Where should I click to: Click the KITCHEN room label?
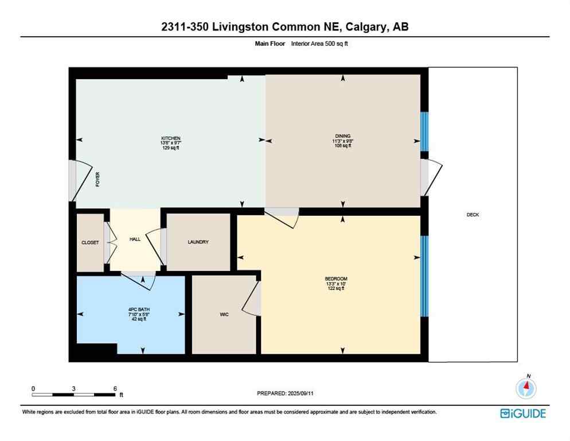(x=171, y=138)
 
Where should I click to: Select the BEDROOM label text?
(x=335, y=279)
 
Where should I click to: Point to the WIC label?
(x=224, y=314)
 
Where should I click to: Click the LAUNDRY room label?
(x=198, y=242)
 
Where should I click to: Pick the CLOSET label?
(x=90, y=242)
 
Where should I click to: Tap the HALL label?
(x=135, y=239)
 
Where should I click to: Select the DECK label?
(x=473, y=215)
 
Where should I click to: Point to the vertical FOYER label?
(x=97, y=180)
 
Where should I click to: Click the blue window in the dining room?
(x=424, y=131)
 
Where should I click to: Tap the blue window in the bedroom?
(x=424, y=276)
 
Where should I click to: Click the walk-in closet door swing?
(x=252, y=299)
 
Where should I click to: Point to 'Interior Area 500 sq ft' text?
(x=321, y=43)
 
